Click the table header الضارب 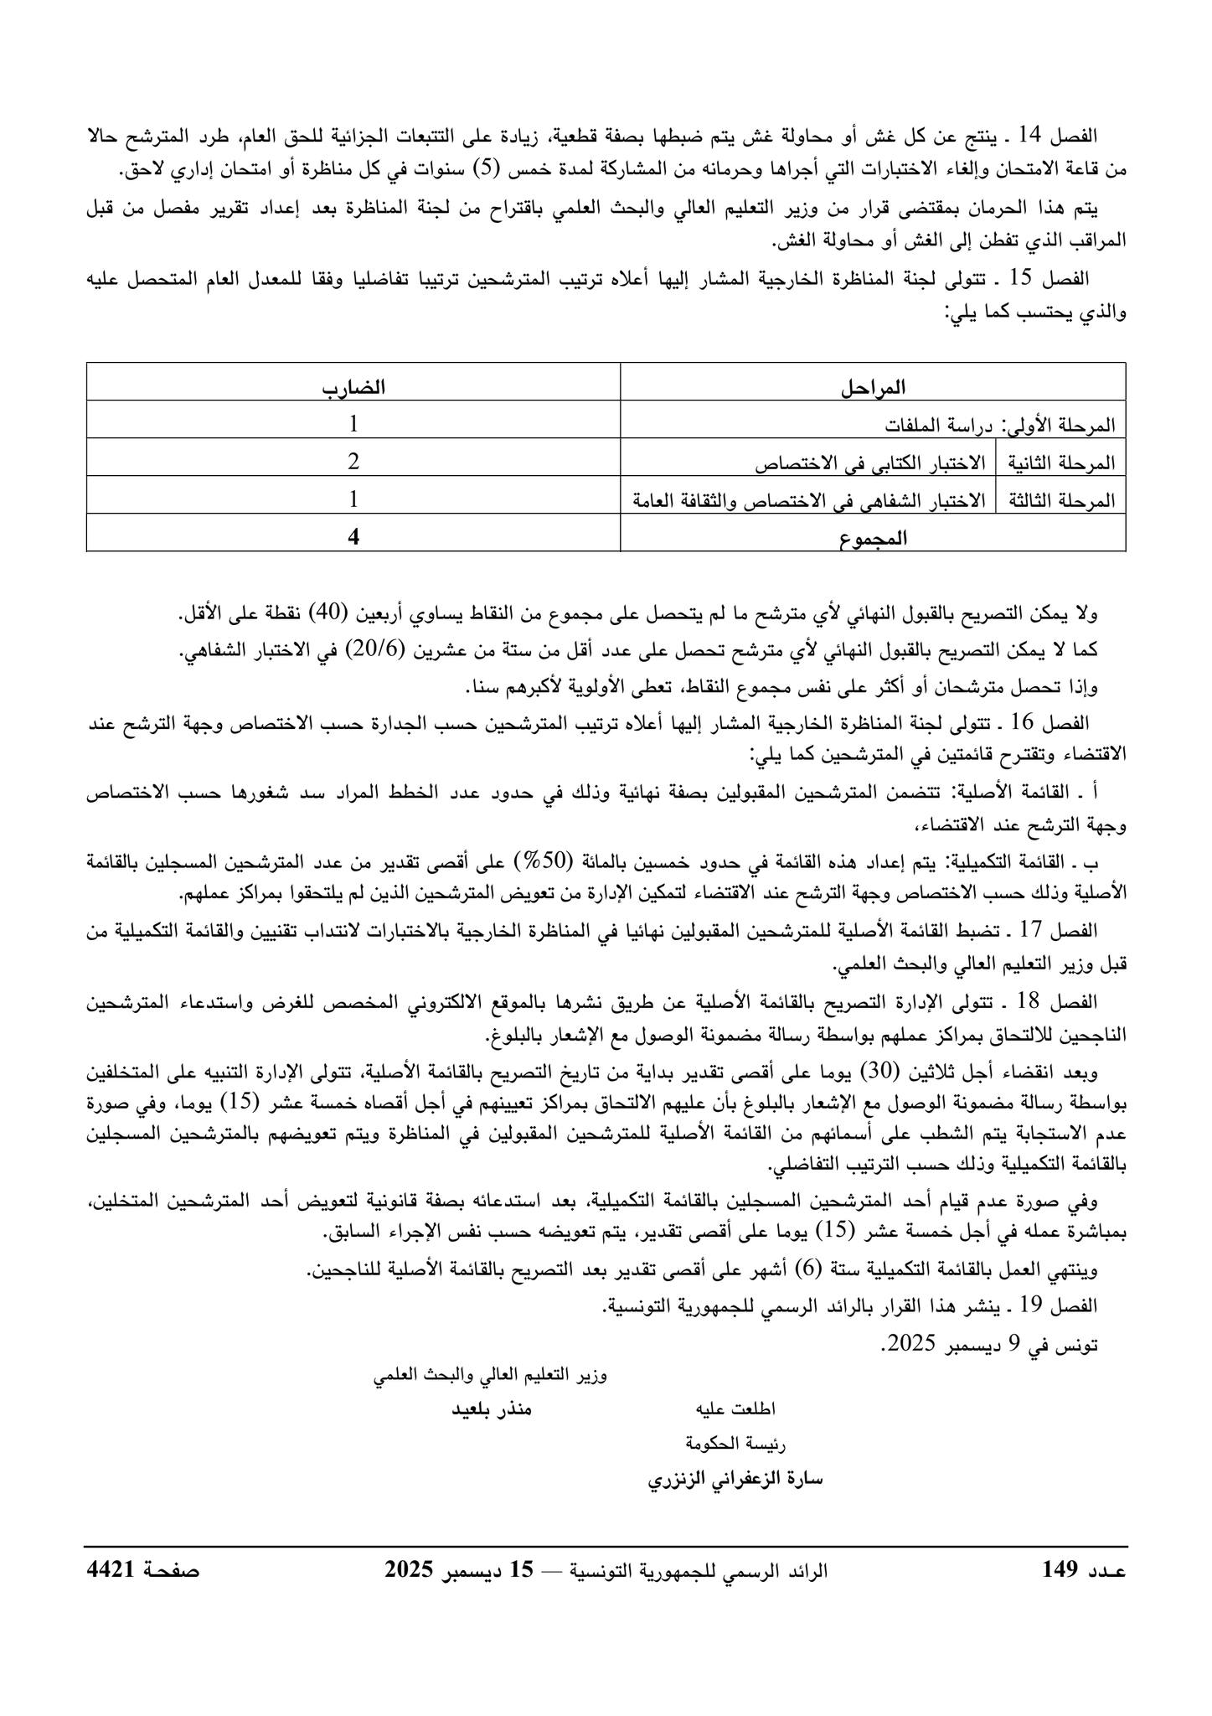tap(354, 388)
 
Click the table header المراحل tap(873, 388)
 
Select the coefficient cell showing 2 tap(353, 462)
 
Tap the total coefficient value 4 tap(353, 538)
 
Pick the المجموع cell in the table tap(873, 539)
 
